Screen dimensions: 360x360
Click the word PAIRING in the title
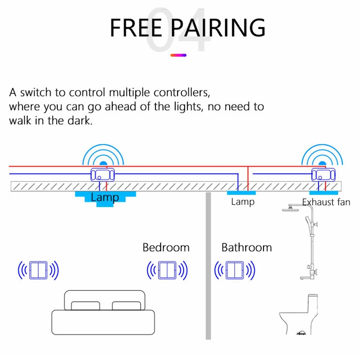[218, 27]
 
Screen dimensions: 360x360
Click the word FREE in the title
[136, 27]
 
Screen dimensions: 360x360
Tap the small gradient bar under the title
[178, 55]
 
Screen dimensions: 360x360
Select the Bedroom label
[166, 248]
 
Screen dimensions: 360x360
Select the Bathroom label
[246, 248]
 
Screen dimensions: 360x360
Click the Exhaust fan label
[326, 202]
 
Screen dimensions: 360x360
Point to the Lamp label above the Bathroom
[243, 202]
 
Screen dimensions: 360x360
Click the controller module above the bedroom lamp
[103, 175]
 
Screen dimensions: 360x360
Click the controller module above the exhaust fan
[323, 175]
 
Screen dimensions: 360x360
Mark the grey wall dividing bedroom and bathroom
[208, 266]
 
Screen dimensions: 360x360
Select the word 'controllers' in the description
[181, 93]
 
